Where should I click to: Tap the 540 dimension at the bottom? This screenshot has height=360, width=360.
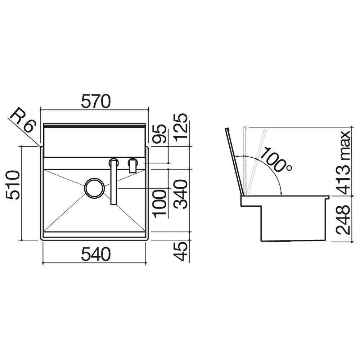(x=96, y=254)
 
